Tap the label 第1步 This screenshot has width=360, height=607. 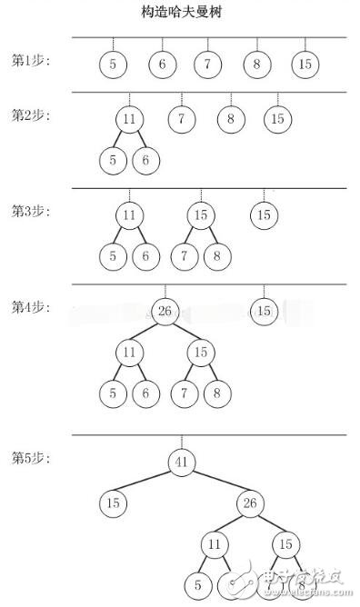(31, 62)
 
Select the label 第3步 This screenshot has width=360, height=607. (31, 211)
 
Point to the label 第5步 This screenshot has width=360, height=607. (31, 456)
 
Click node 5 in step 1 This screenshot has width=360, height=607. (113, 65)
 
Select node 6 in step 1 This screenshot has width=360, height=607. (162, 65)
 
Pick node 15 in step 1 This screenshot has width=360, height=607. (305, 65)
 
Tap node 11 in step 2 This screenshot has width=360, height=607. (130, 119)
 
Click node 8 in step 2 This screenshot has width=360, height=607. (231, 118)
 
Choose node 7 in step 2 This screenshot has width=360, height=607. (182, 118)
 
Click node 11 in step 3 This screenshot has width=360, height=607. (130, 215)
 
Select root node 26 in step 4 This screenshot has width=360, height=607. (165, 312)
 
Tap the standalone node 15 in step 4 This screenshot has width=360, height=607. (264, 312)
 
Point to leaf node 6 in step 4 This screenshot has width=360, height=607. (144, 393)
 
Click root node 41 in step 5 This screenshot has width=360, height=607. (180, 463)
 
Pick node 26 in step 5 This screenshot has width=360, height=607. (250, 503)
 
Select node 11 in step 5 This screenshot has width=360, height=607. (215, 544)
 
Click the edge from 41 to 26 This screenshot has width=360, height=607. (215, 483)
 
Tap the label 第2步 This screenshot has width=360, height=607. (31, 115)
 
